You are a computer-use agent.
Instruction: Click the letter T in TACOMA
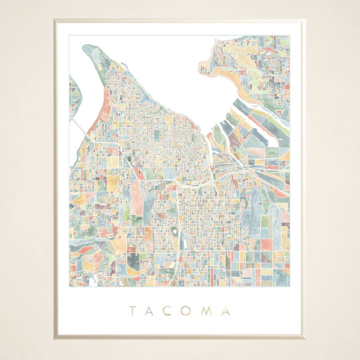tap(133, 311)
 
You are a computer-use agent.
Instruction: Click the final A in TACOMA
tap(226, 311)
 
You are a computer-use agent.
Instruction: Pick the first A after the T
tap(150, 311)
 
